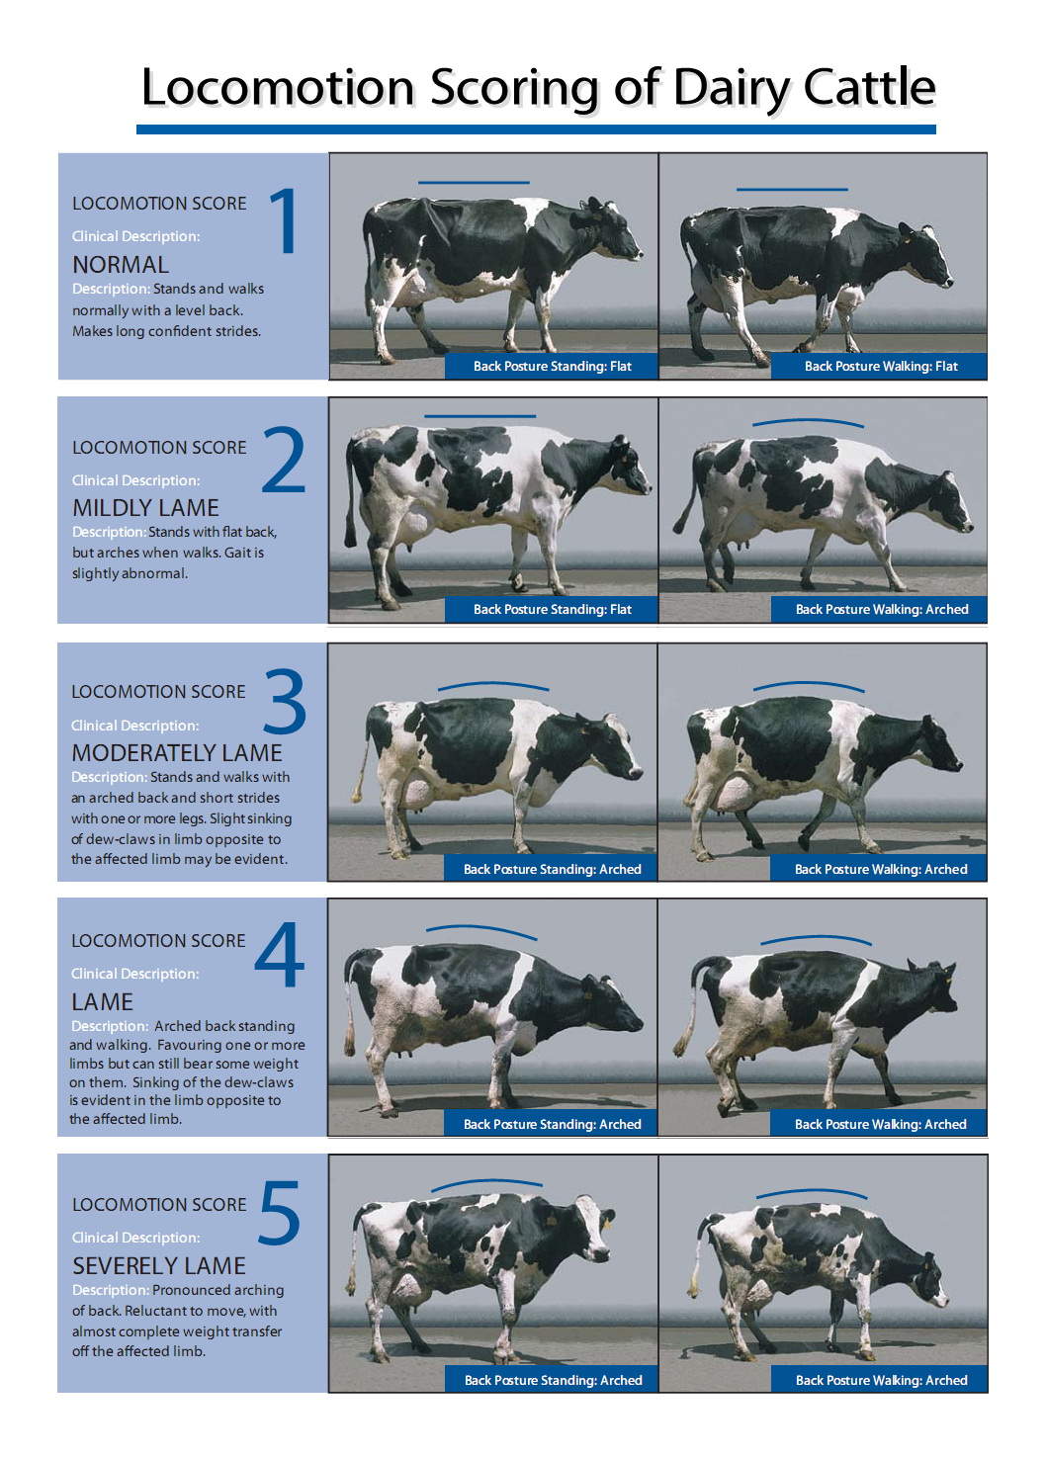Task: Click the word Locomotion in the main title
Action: pos(278,87)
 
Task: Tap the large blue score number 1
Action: pos(285,220)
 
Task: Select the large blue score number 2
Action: pos(283,460)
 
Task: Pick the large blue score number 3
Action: pos(285,701)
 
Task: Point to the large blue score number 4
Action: pos(280,954)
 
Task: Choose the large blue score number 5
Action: pos(280,1212)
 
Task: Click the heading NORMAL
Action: pos(121,264)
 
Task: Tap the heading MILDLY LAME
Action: pos(145,508)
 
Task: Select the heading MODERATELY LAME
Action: pos(176,752)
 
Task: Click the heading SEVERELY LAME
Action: pos(159,1266)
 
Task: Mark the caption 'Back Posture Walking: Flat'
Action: pos(881,366)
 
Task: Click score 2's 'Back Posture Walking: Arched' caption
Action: pos(882,609)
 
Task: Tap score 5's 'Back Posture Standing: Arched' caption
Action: pos(554,1380)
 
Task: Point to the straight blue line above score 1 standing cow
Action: pos(474,182)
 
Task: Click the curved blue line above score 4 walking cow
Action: pos(816,939)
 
